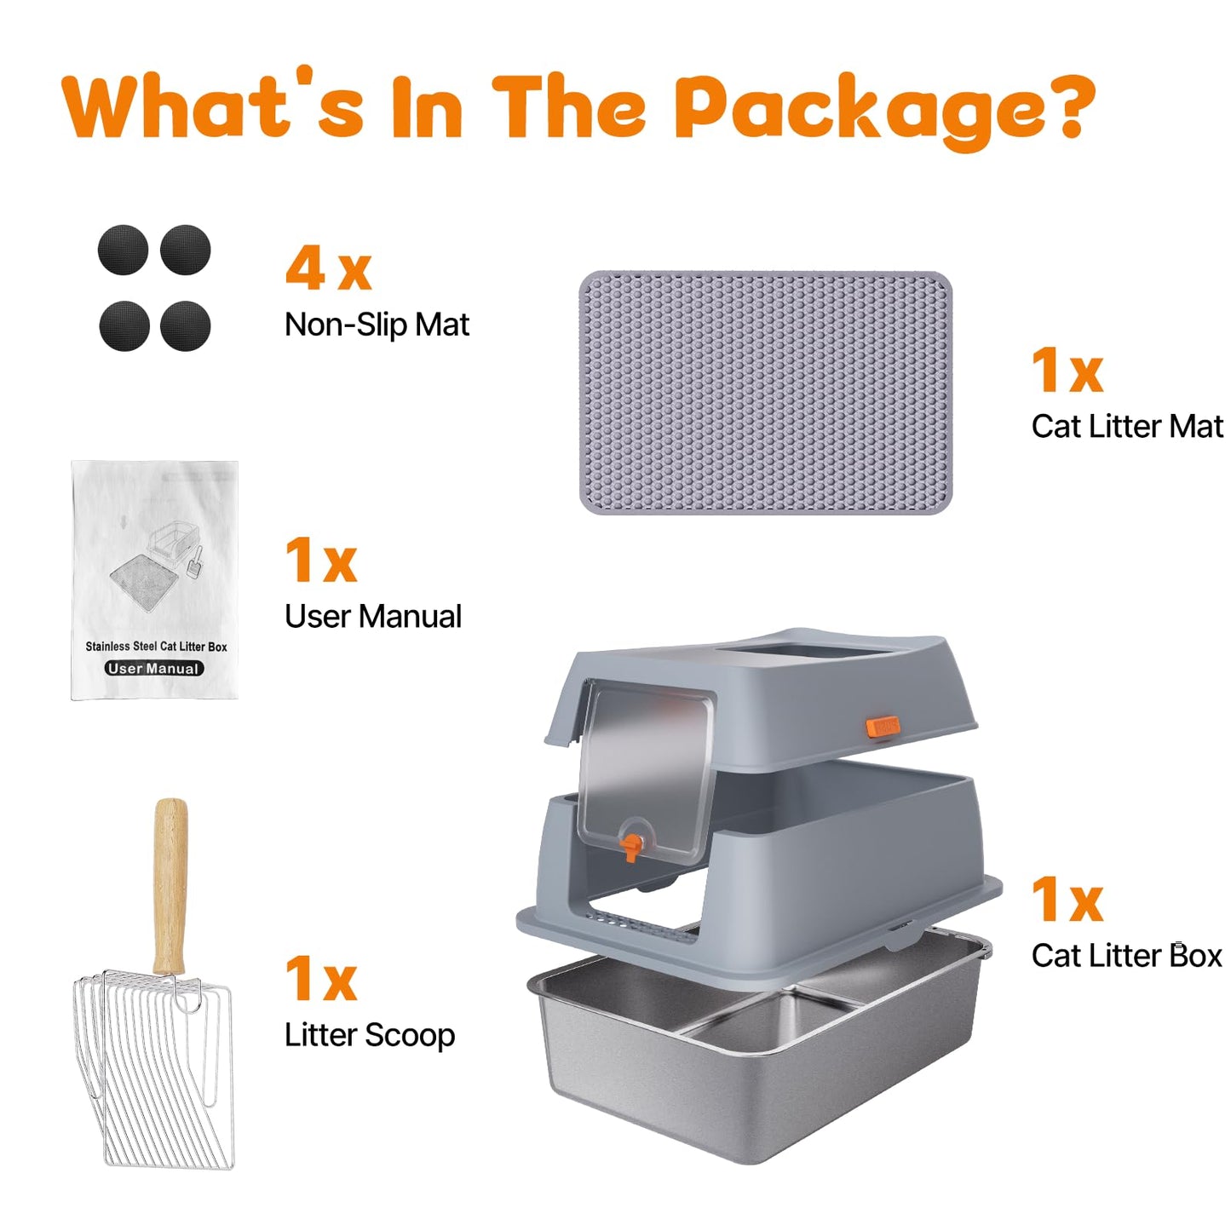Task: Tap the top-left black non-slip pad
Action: click(123, 250)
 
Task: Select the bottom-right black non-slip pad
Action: click(185, 325)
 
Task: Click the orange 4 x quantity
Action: click(328, 269)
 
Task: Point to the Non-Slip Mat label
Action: click(377, 325)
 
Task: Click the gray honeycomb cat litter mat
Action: click(765, 393)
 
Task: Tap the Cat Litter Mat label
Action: click(1126, 426)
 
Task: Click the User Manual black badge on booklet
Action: click(154, 669)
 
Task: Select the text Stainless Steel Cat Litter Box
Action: click(156, 647)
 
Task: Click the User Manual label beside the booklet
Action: click(373, 617)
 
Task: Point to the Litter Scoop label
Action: click(370, 1035)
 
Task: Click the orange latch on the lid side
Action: click(882, 727)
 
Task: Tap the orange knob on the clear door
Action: click(630, 847)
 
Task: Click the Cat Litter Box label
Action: click(1126, 956)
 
